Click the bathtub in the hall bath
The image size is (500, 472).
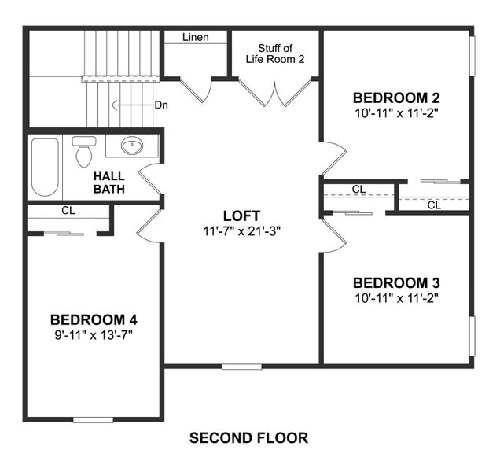click(45, 168)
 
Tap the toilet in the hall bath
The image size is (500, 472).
click(83, 152)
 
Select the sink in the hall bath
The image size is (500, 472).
click(132, 146)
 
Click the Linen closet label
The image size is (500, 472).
click(195, 38)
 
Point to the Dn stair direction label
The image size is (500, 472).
click(160, 105)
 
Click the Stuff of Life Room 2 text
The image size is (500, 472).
click(275, 53)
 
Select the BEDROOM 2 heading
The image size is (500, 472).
click(395, 98)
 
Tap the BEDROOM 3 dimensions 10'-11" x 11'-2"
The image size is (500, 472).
click(395, 297)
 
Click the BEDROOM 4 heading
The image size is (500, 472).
click(94, 320)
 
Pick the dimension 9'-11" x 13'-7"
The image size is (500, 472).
click(94, 334)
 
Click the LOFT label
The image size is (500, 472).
click(241, 216)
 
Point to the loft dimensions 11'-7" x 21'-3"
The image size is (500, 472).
click(241, 230)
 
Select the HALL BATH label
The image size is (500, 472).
click(110, 183)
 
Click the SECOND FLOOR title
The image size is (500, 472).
click(248, 437)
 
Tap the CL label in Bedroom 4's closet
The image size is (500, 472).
click(68, 211)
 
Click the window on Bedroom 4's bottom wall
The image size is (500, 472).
click(93, 419)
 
